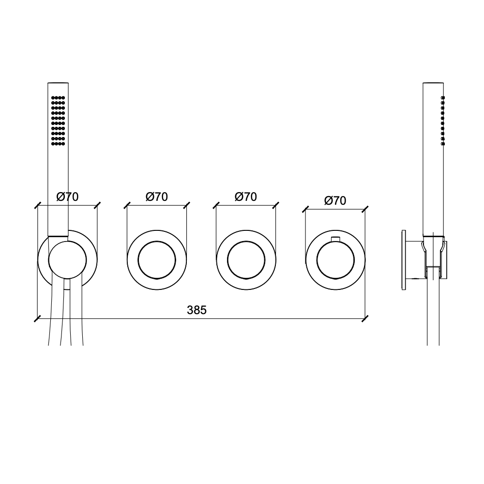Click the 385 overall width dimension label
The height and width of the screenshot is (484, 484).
coord(197,310)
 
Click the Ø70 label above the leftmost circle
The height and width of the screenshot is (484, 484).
coord(68,197)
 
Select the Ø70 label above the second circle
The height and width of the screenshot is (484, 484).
coord(157,197)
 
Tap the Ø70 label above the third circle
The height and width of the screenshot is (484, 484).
coord(246,197)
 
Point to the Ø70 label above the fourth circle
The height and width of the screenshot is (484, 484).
coord(335,201)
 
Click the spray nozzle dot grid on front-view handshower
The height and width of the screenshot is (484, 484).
coord(58,121)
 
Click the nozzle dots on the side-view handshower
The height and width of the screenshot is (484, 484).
coord(443,121)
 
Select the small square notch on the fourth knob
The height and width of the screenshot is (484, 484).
coord(335,239)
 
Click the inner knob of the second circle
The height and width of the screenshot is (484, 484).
coord(157,260)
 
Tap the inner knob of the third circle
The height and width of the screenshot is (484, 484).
coord(246,260)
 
